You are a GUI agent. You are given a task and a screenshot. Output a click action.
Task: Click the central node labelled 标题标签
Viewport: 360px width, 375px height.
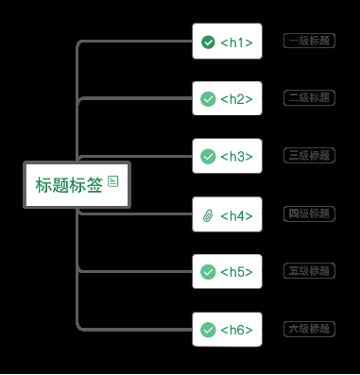(x=69, y=185)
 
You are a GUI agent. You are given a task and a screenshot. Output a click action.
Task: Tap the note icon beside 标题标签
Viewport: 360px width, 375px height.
(x=113, y=180)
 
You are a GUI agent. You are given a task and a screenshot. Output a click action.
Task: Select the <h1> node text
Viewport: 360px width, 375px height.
(x=237, y=43)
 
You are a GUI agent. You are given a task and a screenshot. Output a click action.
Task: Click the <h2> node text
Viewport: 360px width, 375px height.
(x=237, y=99)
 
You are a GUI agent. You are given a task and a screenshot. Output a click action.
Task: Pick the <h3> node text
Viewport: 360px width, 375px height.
(x=237, y=157)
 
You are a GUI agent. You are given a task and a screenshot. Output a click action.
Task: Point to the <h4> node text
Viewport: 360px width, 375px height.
(x=237, y=215)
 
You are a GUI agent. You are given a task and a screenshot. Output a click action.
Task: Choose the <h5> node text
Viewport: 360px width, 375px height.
(x=237, y=272)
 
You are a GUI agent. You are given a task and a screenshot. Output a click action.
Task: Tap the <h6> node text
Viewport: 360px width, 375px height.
(x=237, y=330)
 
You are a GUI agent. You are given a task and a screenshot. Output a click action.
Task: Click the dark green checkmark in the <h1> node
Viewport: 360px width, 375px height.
(x=208, y=42)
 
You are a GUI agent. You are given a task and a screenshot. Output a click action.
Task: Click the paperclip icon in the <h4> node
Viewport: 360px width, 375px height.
(x=208, y=215)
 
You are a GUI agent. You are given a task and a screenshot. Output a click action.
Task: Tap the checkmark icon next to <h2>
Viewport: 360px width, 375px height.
(x=208, y=99)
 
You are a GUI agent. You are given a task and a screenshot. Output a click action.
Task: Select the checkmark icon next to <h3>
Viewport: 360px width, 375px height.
(x=208, y=157)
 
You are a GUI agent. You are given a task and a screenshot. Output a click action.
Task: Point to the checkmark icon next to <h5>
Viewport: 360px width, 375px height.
(x=208, y=272)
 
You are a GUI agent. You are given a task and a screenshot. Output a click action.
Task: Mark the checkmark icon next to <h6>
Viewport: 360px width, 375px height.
(x=208, y=330)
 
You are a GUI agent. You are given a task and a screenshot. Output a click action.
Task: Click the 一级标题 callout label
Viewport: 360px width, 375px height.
(x=309, y=41)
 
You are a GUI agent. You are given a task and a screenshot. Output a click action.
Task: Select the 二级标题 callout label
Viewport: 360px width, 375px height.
(x=309, y=97)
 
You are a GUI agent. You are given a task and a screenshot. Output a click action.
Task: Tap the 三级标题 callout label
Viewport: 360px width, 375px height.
(x=309, y=155)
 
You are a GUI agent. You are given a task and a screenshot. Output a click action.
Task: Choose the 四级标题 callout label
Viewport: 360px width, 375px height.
(x=309, y=213)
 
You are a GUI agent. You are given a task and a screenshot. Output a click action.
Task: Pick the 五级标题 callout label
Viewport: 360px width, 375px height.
(x=309, y=271)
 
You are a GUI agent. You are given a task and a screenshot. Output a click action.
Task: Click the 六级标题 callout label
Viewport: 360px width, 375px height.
(x=309, y=329)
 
